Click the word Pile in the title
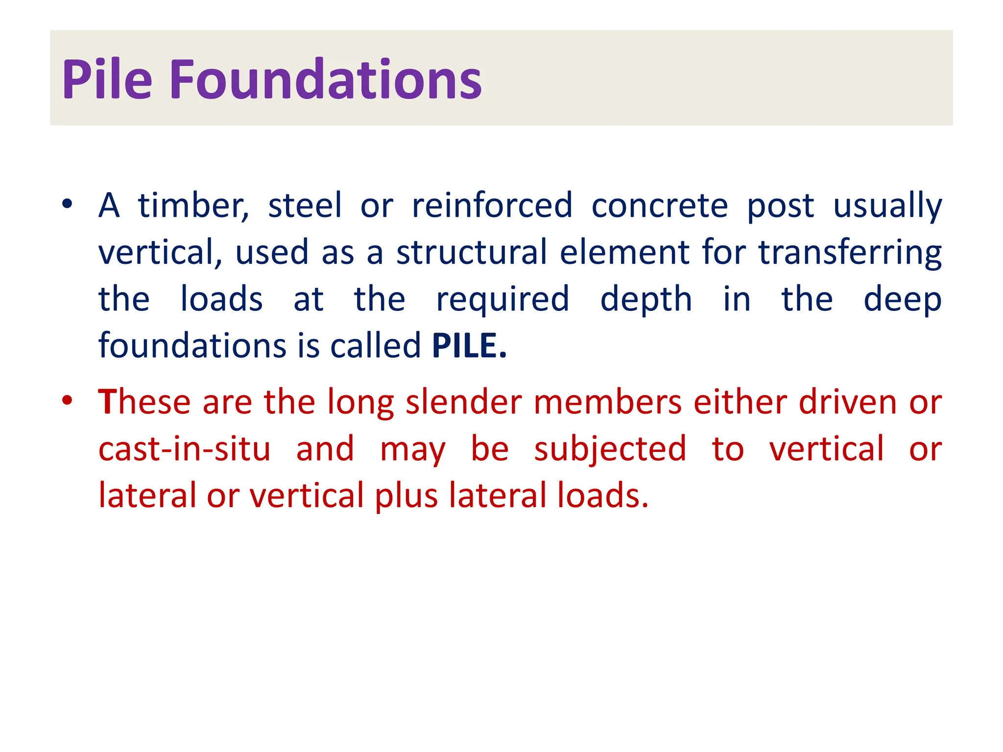point(107,79)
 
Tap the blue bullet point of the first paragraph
point(68,203)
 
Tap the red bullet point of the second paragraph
point(68,400)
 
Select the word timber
point(193,206)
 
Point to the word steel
point(305,206)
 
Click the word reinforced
point(492,206)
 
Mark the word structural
point(471,253)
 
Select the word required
point(502,300)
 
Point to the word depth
point(646,300)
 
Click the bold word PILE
point(469,346)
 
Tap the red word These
point(144,402)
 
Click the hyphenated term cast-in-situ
point(184,449)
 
